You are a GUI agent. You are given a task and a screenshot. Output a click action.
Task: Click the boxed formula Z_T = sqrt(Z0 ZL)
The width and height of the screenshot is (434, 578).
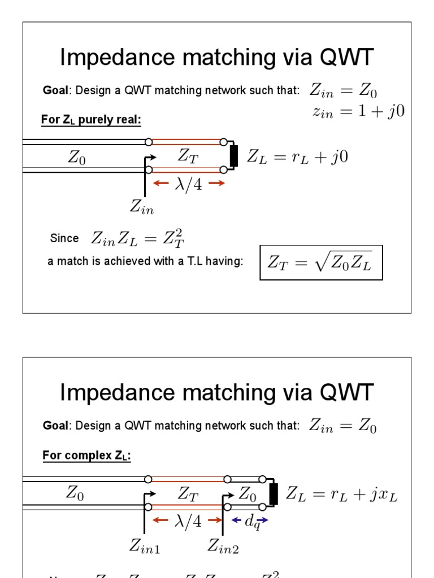coord(321,262)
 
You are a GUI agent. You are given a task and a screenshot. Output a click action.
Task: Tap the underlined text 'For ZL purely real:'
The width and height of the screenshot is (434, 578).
coord(91,120)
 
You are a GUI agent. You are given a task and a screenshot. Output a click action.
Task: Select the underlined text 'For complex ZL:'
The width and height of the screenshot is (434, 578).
coord(86,456)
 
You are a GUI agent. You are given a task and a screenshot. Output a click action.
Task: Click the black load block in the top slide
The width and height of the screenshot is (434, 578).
coord(234,156)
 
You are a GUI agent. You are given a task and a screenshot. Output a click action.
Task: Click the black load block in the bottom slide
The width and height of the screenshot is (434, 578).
coord(274,494)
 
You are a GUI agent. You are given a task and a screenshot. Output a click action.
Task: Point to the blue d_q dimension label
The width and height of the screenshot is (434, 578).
coord(252,522)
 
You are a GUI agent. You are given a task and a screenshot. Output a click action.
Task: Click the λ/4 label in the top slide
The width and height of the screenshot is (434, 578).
coord(189,184)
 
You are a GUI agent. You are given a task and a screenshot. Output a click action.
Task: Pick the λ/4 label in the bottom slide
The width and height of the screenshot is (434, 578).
coord(189,521)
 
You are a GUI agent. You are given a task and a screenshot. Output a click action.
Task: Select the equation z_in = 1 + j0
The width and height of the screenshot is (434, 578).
coord(358,111)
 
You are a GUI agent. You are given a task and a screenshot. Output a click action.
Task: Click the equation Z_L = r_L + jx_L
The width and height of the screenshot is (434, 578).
coord(341,494)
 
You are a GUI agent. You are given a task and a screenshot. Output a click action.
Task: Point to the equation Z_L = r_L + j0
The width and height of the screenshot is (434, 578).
coord(296,157)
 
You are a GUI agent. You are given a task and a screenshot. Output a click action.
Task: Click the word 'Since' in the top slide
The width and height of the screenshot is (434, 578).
coord(64,239)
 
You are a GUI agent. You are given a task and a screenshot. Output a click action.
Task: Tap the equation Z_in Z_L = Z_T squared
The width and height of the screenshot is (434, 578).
coord(138,239)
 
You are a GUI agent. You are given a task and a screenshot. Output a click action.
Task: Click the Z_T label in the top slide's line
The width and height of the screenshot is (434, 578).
coord(188,156)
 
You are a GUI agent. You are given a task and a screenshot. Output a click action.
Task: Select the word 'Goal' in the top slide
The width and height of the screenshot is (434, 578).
coord(55,91)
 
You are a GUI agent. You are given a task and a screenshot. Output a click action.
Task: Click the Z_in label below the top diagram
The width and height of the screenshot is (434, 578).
coord(142,207)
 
